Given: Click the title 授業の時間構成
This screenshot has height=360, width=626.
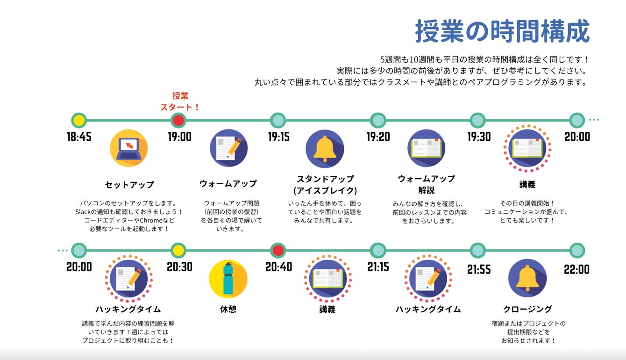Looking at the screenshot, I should [502, 31].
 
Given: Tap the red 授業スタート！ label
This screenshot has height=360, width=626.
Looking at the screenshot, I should [180, 101].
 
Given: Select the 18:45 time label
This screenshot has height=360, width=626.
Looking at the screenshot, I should [79, 137].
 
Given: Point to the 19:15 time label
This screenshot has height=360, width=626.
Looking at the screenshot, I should [278, 137].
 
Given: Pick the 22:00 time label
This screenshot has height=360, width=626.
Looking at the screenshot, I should [576, 269].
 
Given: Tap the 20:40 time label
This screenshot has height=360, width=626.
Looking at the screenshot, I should [278, 267].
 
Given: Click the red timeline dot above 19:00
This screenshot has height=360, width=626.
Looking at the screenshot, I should [178, 120].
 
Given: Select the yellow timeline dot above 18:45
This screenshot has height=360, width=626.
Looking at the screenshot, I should [79, 120].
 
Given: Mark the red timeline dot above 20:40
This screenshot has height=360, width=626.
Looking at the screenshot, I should [278, 250].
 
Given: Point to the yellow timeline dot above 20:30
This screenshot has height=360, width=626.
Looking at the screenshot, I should [178, 250].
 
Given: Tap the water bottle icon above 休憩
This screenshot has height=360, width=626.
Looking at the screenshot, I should [228, 279].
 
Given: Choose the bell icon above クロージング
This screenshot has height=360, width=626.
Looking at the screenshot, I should [527, 278].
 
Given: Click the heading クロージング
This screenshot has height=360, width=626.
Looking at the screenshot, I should [527, 309].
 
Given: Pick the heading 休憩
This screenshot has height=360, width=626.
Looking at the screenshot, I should [228, 309].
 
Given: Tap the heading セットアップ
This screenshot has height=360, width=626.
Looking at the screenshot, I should [129, 185].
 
